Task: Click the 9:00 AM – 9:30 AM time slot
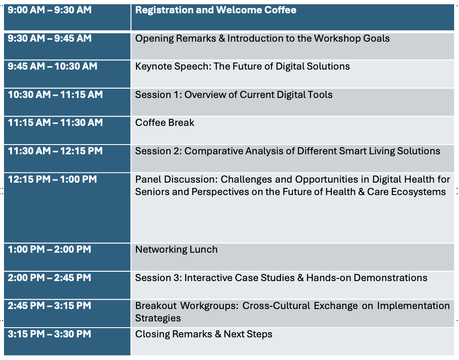[50, 10]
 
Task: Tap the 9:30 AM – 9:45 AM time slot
[50, 39]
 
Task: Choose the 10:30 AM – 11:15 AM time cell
[55, 94]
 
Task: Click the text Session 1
[158, 94]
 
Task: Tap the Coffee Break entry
[164, 123]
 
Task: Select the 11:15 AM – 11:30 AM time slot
[55, 123]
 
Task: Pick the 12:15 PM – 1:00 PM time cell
[52, 179]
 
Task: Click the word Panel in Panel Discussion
[148, 179]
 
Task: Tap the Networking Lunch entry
[176, 250]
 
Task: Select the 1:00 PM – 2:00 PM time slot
[50, 250]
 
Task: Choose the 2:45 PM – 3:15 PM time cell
[50, 306]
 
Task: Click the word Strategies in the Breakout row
[158, 318]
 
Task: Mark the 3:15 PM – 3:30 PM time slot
[50, 334]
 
